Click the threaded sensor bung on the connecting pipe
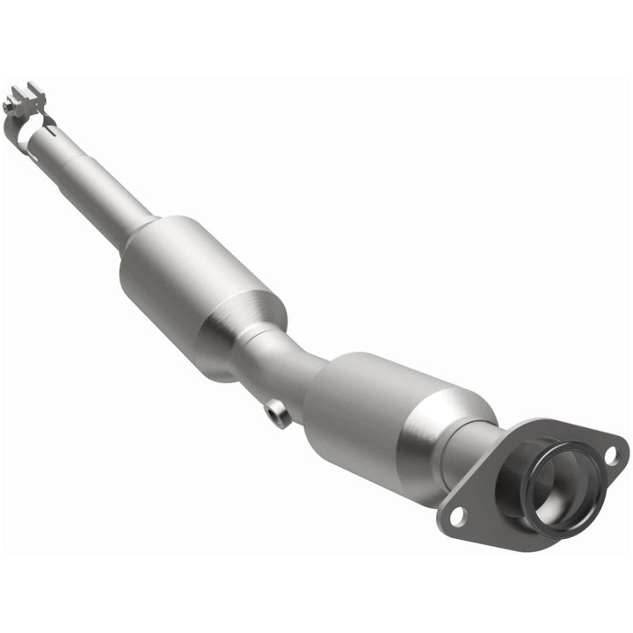point(278,412)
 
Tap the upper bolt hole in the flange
point(610,455)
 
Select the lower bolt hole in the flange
point(457,517)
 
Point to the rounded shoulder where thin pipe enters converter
point(141,233)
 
